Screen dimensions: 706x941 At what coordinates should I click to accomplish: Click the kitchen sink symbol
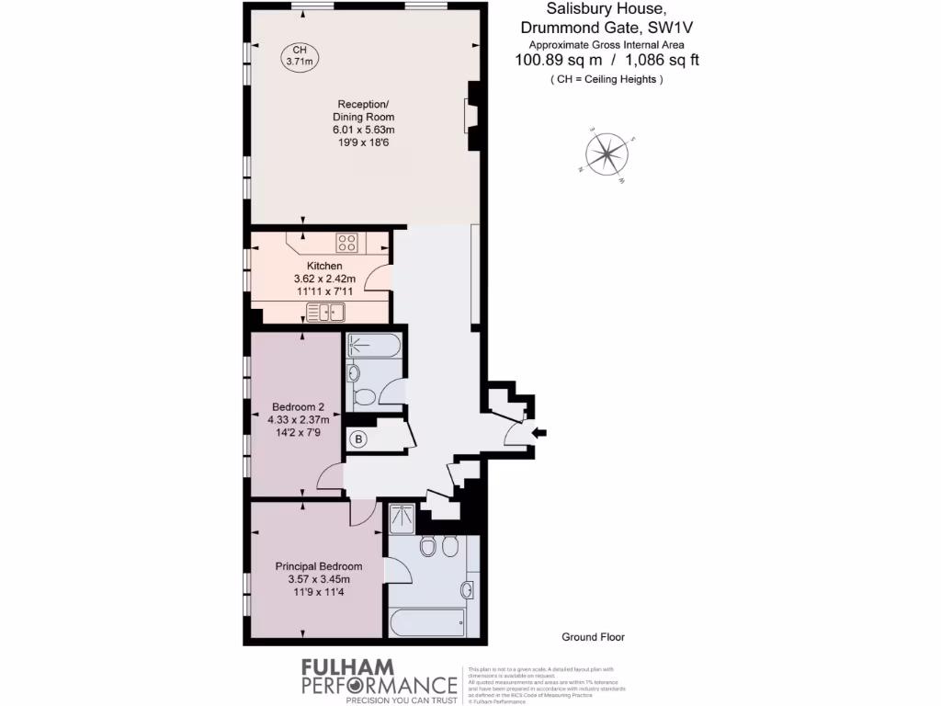click(324, 313)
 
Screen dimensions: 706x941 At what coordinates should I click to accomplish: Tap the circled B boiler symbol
click(358, 439)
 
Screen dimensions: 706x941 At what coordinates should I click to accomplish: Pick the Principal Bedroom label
click(318, 566)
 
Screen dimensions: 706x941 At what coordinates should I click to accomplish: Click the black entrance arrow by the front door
click(539, 432)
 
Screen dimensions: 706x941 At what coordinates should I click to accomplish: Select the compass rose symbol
click(607, 154)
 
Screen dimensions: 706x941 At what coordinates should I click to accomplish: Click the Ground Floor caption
click(593, 637)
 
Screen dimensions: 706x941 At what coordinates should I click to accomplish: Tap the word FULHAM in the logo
click(348, 666)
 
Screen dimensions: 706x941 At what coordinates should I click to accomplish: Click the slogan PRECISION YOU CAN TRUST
click(401, 700)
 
